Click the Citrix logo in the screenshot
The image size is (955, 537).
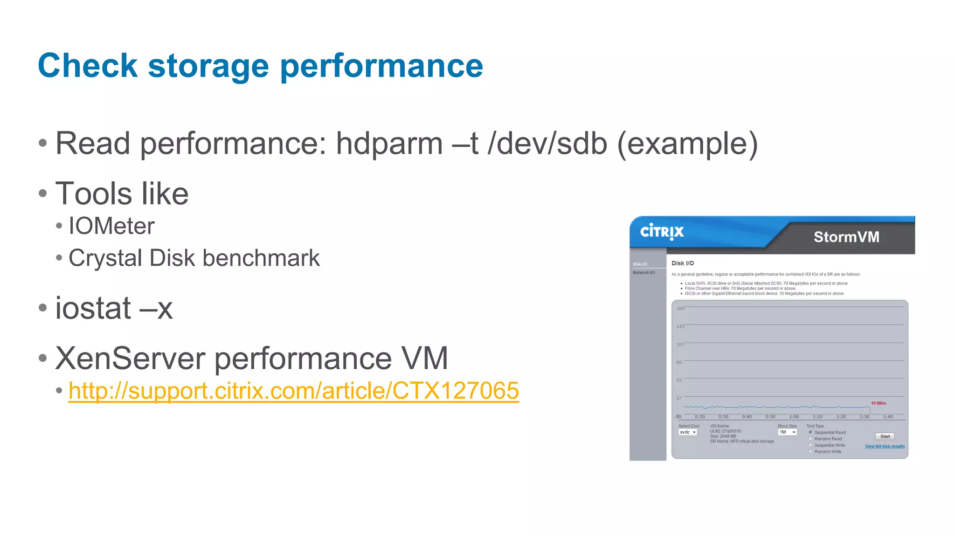pyautogui.click(x=662, y=232)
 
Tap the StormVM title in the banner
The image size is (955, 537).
pyautogui.click(x=846, y=237)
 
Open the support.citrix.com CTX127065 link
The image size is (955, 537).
pyautogui.click(x=293, y=391)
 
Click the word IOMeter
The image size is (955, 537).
pyautogui.click(x=111, y=226)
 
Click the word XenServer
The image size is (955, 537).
pyautogui.click(x=130, y=358)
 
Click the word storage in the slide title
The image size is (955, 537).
pyautogui.click(x=208, y=66)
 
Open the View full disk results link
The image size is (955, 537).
pyautogui.click(x=885, y=447)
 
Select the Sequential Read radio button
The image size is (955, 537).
pyautogui.click(x=810, y=432)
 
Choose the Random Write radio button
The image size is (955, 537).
pyautogui.click(x=810, y=451)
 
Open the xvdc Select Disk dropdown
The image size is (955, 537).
pyautogui.click(x=688, y=432)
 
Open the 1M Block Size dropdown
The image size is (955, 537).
pyautogui.click(x=787, y=432)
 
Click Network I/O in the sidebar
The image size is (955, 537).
pyautogui.click(x=644, y=273)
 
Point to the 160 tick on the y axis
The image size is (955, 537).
pyautogui.click(x=680, y=309)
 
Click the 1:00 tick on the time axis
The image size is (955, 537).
pyautogui.click(x=794, y=417)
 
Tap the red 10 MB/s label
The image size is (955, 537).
pyautogui.click(x=879, y=403)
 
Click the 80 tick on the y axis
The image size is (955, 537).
pyautogui.click(x=679, y=362)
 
